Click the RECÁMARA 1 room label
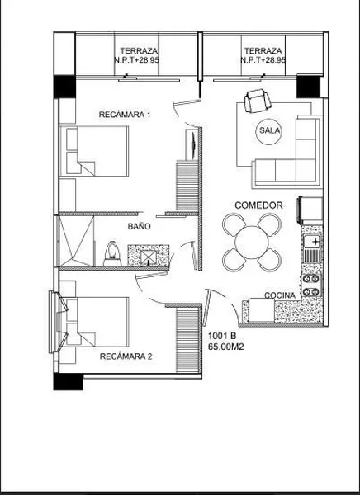[x=125, y=115]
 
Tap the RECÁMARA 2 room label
[x=126, y=356]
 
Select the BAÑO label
[x=139, y=226]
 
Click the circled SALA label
[x=269, y=130]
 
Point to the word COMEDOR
[x=258, y=205]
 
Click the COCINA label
[x=280, y=295]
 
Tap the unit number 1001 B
[x=222, y=336]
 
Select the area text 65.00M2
[x=225, y=346]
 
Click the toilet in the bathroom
[x=112, y=254]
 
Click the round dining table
[x=252, y=243]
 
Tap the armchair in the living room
[x=258, y=101]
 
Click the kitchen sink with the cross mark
[x=312, y=243]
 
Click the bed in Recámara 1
[x=94, y=151]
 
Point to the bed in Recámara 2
[x=94, y=322]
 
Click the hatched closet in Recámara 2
[x=187, y=340]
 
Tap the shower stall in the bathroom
[x=77, y=241]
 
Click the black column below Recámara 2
[x=69, y=382]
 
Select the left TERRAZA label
[x=139, y=51]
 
